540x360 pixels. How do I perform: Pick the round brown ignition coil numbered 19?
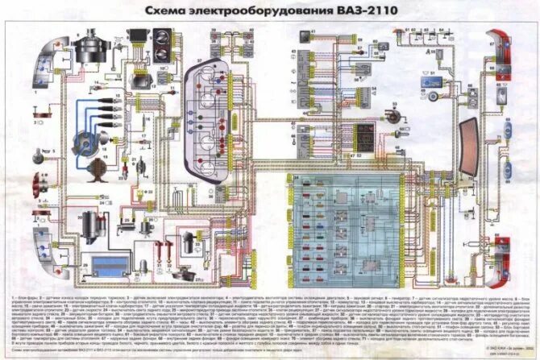(x=95, y=169)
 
